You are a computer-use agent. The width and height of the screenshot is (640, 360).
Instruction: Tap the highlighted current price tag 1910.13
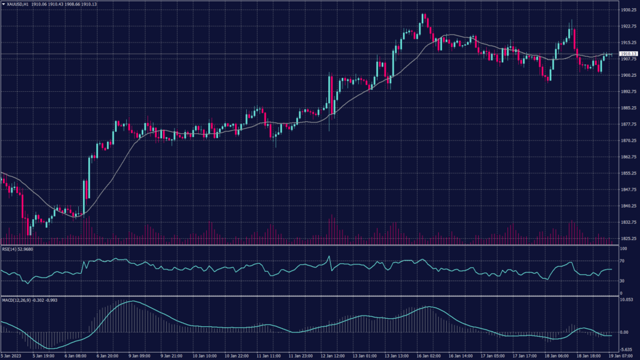tap(627, 54)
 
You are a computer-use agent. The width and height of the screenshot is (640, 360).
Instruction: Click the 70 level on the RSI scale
tap(622, 261)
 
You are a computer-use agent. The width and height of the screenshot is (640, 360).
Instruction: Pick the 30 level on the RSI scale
tap(622, 280)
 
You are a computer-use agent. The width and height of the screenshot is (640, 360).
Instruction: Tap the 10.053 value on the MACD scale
tap(626, 300)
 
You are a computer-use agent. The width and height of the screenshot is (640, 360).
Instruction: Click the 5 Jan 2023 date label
tap(11, 356)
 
